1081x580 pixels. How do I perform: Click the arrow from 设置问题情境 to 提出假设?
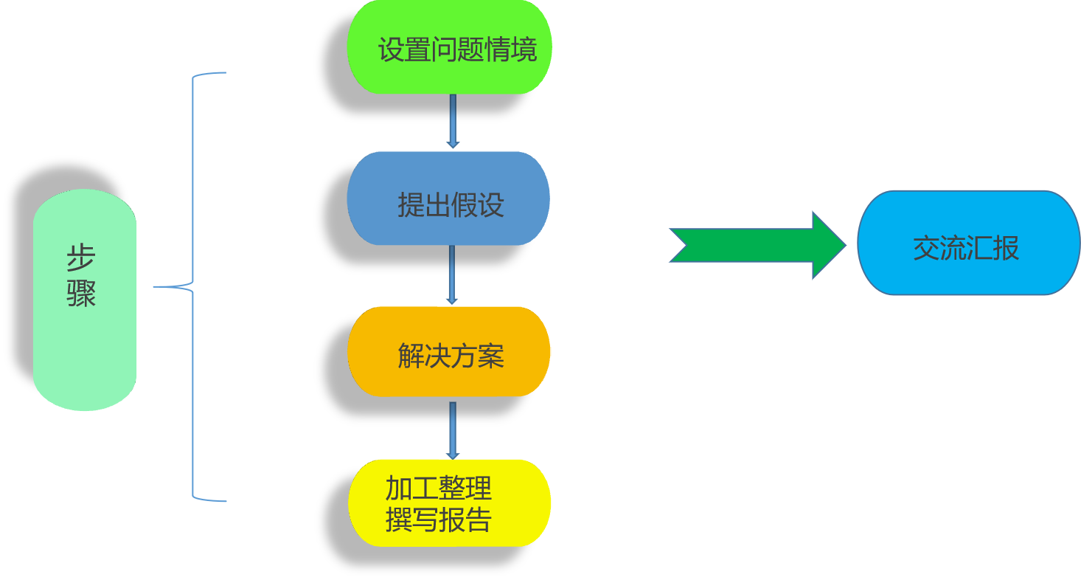tap(453, 121)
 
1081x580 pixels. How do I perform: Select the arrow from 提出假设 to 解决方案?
tap(452, 275)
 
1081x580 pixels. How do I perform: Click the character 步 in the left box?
tap(81, 260)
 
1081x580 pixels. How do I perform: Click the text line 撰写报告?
tap(438, 520)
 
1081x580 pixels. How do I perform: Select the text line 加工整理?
tap(438, 488)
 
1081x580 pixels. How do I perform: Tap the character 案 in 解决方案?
tap(490, 356)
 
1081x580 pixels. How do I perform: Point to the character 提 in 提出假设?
tap(410, 204)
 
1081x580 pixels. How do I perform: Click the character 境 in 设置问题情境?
tap(524, 49)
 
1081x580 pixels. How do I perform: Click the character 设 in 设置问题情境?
tap(391, 49)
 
